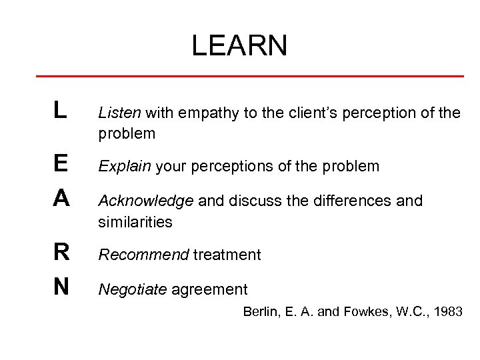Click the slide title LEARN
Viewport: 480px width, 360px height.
[239, 46]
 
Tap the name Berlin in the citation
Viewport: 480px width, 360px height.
[260, 311]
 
